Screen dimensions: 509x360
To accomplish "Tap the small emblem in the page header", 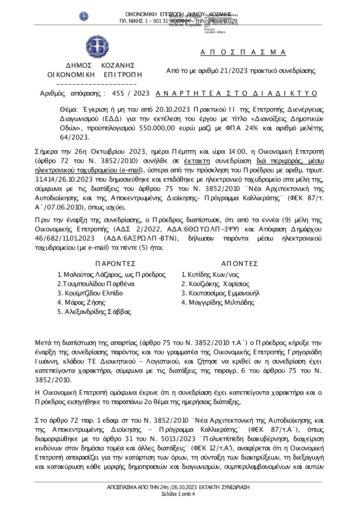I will (x=84, y=16).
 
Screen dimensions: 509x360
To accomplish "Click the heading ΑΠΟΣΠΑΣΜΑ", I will (x=243, y=53).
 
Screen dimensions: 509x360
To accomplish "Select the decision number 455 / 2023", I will (x=131, y=94).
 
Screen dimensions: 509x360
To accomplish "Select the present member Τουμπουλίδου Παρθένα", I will (x=96, y=284).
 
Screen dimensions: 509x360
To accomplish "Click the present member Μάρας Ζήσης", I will (x=81, y=303).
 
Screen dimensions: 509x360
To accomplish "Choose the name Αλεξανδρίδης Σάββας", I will (x=94, y=312).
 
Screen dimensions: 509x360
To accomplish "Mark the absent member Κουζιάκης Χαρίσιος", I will (x=215, y=284).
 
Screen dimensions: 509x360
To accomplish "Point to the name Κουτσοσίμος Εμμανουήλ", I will (x=220, y=293).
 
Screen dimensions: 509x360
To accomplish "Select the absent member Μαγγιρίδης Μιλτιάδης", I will (x=218, y=303).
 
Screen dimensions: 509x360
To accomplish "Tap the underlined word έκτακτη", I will (x=197, y=161).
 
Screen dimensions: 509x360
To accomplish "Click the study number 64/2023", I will (x=75, y=137).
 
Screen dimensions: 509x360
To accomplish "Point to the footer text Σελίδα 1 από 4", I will (x=178, y=494).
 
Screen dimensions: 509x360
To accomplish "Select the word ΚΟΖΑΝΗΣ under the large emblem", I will (x=118, y=65).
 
